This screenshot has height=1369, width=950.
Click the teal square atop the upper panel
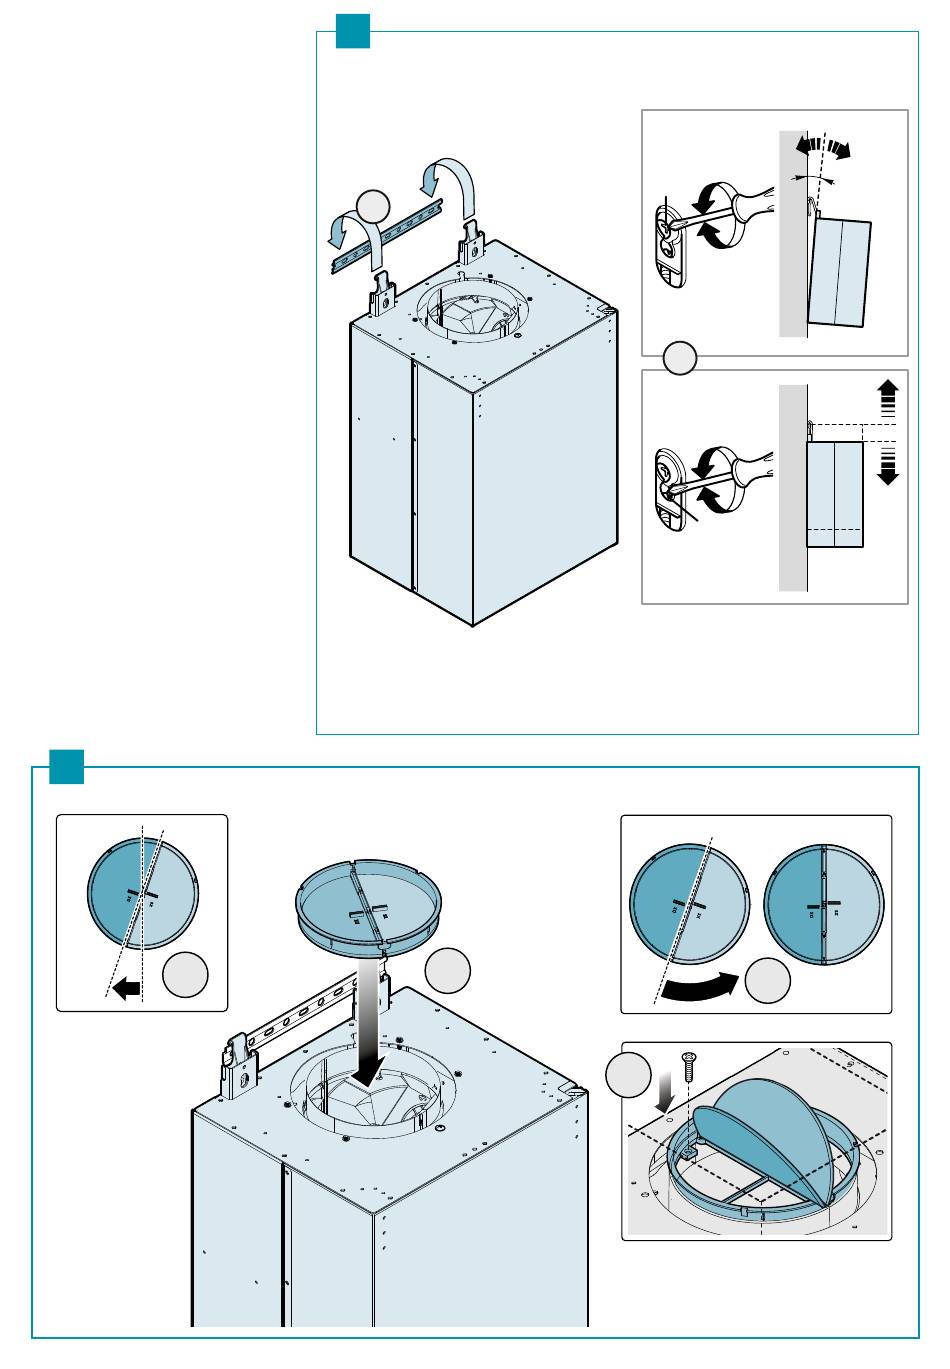tap(353, 31)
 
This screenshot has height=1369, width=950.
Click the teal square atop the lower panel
tap(67, 767)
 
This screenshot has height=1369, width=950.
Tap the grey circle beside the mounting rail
tap(372, 205)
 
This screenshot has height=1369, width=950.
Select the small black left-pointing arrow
tap(127, 989)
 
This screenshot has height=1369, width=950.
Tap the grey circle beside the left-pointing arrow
tap(186, 976)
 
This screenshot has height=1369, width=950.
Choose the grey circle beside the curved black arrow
tap(769, 979)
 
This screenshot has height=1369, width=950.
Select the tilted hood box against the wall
tap(840, 273)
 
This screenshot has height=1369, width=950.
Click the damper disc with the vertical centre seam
tap(824, 905)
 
